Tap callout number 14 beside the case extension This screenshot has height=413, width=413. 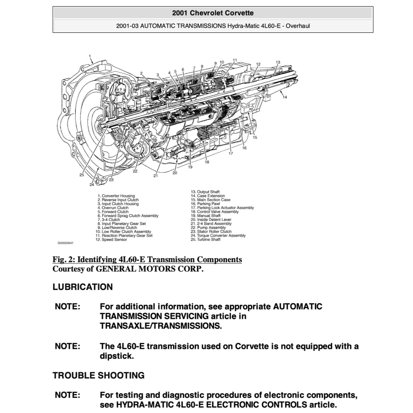click(x=285, y=97)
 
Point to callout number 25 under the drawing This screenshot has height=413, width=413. click(x=81, y=175)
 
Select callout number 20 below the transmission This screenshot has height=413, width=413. click(x=175, y=173)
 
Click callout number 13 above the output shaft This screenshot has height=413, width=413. click(x=278, y=63)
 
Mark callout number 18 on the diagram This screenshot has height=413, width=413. click(x=207, y=162)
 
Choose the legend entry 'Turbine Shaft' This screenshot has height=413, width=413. click(x=209, y=240)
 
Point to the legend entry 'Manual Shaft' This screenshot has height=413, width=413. click(x=209, y=216)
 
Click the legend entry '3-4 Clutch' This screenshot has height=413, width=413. click(x=111, y=220)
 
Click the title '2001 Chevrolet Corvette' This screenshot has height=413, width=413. click(x=213, y=13)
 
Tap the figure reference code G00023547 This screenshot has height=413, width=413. click(x=65, y=243)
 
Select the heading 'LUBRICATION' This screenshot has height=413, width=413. click(x=83, y=287)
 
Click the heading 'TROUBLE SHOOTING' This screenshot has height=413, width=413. click(x=98, y=375)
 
